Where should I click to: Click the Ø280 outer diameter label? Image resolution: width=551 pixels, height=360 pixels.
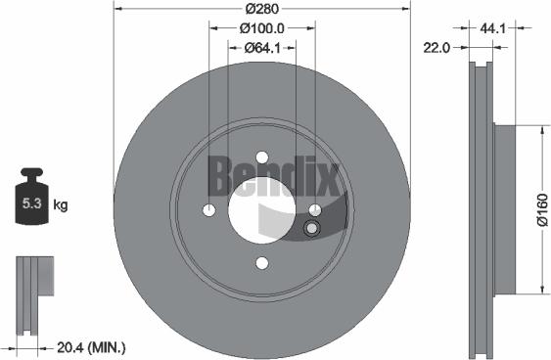coord(260,9)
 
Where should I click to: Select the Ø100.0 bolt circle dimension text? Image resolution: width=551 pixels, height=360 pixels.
coord(260,28)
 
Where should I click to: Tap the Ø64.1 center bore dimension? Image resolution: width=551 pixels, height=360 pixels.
coord(260,47)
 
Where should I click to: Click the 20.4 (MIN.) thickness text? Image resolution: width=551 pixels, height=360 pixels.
coord(92,347)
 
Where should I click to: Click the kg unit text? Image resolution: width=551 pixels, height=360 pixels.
coord(61,205)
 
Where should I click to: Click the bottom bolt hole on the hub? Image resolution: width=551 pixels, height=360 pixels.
coord(261,261)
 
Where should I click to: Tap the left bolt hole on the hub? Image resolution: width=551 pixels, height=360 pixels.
coord(208,210)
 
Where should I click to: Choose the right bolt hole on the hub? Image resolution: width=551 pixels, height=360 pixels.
coord(314,210)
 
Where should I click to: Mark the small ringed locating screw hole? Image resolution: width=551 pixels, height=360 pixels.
coord(312,229)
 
